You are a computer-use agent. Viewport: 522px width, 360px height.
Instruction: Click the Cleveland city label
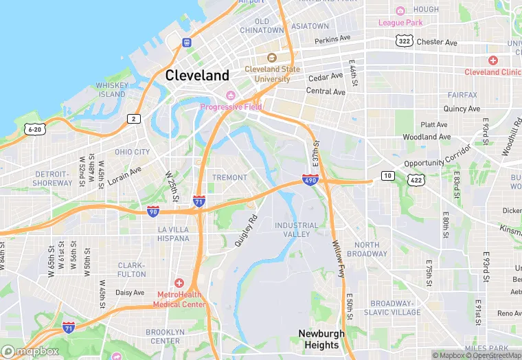pos(197,75)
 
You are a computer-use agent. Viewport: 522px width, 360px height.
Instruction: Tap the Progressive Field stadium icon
pos(231,95)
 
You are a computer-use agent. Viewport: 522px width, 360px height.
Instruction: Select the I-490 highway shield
pos(310,180)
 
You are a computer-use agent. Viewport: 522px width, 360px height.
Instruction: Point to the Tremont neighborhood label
pos(229,177)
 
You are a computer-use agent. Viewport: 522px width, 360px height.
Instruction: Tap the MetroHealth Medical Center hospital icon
pos(179,283)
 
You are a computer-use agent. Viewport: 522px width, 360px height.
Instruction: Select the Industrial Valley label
pos(297,229)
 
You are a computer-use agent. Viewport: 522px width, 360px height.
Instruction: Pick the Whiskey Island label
pos(111,90)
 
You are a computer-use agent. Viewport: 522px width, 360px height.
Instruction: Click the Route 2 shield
pos(134,119)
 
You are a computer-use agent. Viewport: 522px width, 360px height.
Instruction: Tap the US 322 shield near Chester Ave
pos(403,42)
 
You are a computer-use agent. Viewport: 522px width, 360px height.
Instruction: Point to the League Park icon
pos(400,11)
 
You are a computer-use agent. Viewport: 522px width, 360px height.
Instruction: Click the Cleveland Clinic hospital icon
pos(492,60)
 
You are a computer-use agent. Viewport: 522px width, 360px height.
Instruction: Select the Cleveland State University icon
pos(271,58)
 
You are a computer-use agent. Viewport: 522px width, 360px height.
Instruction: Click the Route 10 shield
pos(389,177)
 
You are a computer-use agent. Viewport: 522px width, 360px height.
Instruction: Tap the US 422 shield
pos(416,179)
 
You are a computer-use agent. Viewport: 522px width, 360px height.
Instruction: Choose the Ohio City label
pos(132,152)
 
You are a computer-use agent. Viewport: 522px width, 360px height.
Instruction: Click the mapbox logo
pos(30,351)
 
